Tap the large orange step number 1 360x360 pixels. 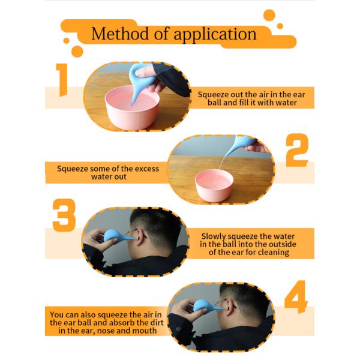click(x=62, y=80)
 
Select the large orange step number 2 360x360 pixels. click(x=296, y=151)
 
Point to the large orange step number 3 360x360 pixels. click(x=64, y=215)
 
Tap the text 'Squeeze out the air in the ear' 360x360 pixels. click(x=247, y=94)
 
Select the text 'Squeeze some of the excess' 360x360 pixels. click(x=108, y=169)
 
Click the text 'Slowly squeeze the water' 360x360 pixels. click(x=248, y=236)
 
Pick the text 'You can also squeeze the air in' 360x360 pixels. click(x=106, y=314)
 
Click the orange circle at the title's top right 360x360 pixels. click(x=269, y=16)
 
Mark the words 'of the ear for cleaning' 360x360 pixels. click(x=248, y=253)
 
